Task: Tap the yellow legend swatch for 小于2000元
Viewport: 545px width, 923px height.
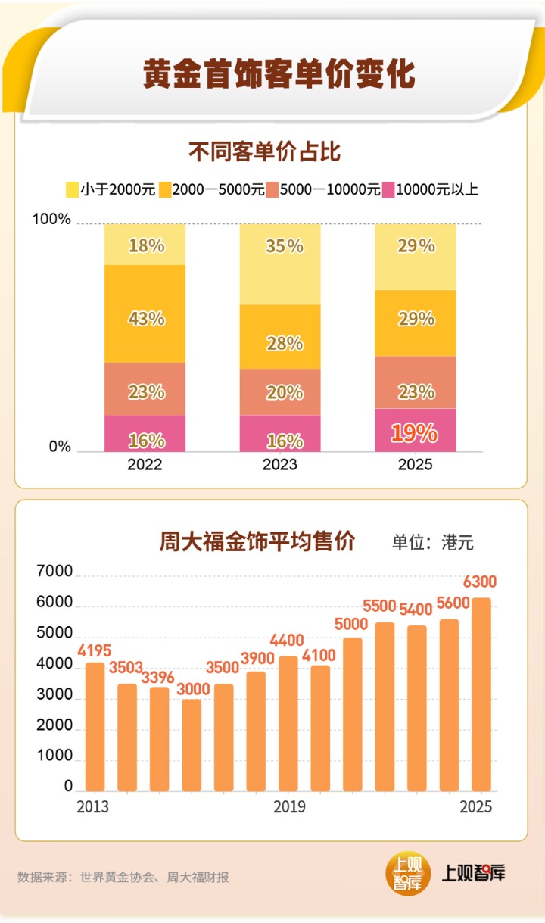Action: click(x=73, y=189)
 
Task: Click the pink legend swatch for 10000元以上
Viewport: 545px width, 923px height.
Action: click(x=389, y=189)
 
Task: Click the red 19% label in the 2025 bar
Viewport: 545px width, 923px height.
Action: click(x=414, y=432)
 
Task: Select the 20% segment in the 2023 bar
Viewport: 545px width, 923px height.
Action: click(x=280, y=392)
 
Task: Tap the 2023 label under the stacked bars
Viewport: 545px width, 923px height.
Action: click(x=280, y=464)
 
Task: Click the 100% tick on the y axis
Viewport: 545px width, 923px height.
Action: click(x=52, y=220)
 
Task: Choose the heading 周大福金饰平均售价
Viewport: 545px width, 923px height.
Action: click(x=257, y=542)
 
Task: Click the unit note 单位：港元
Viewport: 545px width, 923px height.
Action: click(x=432, y=543)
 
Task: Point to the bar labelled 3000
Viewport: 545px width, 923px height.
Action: click(x=192, y=745)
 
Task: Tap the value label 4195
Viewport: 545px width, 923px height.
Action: click(x=94, y=650)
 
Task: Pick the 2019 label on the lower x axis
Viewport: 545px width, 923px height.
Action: click(x=289, y=807)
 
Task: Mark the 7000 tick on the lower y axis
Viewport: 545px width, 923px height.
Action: click(x=57, y=573)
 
